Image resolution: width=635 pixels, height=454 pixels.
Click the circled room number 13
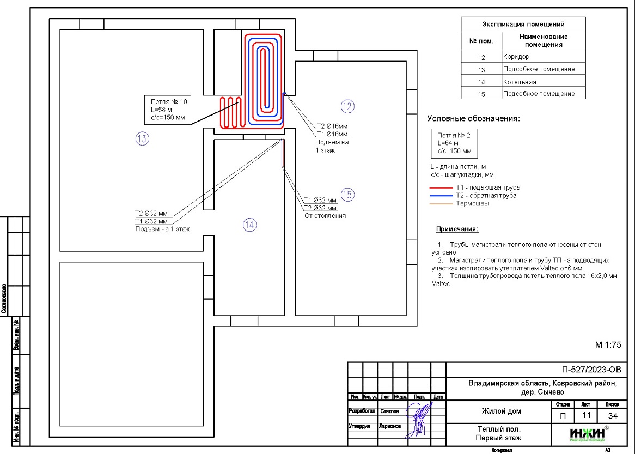tap(142, 139)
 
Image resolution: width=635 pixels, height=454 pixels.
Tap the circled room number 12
tap(347, 106)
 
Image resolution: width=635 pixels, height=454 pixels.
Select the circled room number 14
tap(249, 225)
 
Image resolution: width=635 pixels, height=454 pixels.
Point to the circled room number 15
tap(347, 194)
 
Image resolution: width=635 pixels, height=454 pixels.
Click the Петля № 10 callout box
tap(167, 110)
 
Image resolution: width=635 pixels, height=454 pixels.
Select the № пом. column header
tap(481, 40)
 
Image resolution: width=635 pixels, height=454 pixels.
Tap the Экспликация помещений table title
tap(523, 24)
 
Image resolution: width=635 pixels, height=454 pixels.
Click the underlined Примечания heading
tap(457, 229)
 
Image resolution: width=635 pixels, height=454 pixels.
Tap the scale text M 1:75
tap(608, 344)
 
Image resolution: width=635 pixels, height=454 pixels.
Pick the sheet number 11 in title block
tap(586, 415)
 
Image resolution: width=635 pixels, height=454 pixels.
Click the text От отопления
tap(325, 216)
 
